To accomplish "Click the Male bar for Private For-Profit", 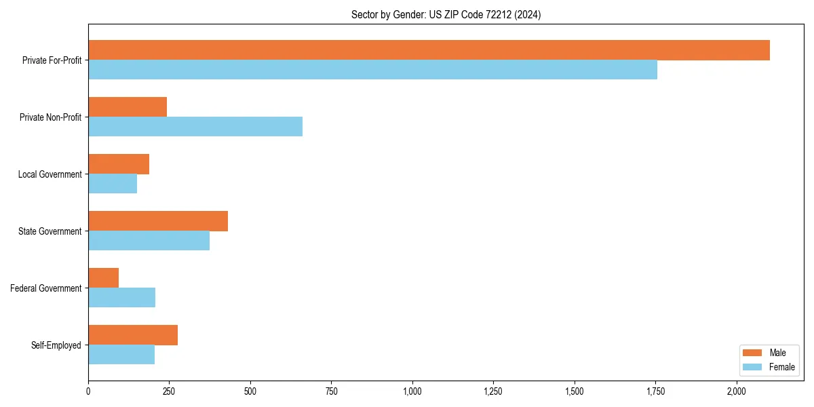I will pyautogui.click(x=429, y=50).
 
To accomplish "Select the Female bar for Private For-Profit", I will pyautogui.click(x=372, y=70).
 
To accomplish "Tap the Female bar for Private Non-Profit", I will pyautogui.click(x=195, y=127).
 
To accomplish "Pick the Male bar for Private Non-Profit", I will pyautogui.click(x=128, y=107).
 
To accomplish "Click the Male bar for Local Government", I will pyautogui.click(x=119, y=164).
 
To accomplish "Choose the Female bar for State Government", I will pyautogui.click(x=149, y=241).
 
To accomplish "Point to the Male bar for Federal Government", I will pyautogui.click(x=103, y=278).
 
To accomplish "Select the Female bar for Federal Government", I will pyautogui.click(x=121, y=298).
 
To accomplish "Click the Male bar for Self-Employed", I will pyautogui.click(x=133, y=335).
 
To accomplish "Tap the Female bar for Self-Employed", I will pyautogui.click(x=121, y=355).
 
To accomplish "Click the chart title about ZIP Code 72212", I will pyautogui.click(x=446, y=14).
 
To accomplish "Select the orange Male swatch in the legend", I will pyautogui.click(x=752, y=353).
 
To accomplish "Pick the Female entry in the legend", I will pyautogui.click(x=781, y=367).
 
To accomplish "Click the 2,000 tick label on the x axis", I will pyautogui.click(x=737, y=391).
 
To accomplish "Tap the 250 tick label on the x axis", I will pyautogui.click(x=169, y=391).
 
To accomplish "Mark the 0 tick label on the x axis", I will pyautogui.click(x=88, y=391).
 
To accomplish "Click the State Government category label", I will pyautogui.click(x=50, y=231).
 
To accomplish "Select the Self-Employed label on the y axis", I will pyautogui.click(x=56, y=345).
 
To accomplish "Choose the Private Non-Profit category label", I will pyautogui.click(x=50, y=117).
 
